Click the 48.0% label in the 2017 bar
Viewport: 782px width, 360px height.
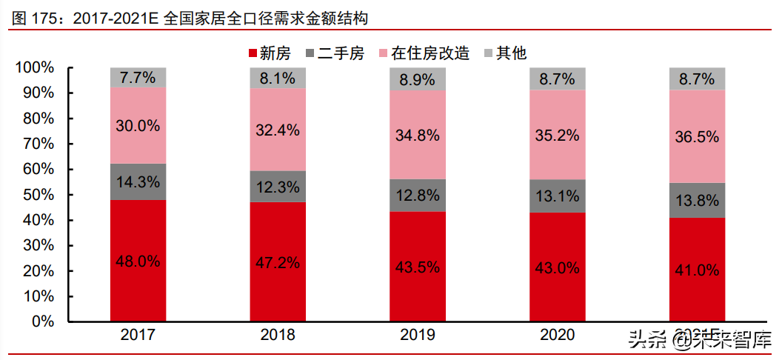tap(138, 261)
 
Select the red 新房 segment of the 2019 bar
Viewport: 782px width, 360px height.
tap(418, 267)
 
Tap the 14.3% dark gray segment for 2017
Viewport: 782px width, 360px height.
tap(138, 181)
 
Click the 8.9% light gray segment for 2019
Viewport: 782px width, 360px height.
tap(418, 79)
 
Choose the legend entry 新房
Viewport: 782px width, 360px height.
tap(267, 53)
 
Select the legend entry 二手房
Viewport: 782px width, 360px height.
tap(334, 53)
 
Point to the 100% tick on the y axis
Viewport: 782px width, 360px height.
tap(35, 68)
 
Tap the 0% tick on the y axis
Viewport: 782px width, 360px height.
tap(44, 322)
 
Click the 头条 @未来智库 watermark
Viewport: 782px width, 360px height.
tap(699, 341)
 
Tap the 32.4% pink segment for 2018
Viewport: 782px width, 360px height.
tap(278, 130)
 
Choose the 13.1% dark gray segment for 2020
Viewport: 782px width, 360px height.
tap(557, 196)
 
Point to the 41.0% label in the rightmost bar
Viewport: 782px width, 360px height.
tap(697, 270)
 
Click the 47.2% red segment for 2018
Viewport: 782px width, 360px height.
tap(278, 262)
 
